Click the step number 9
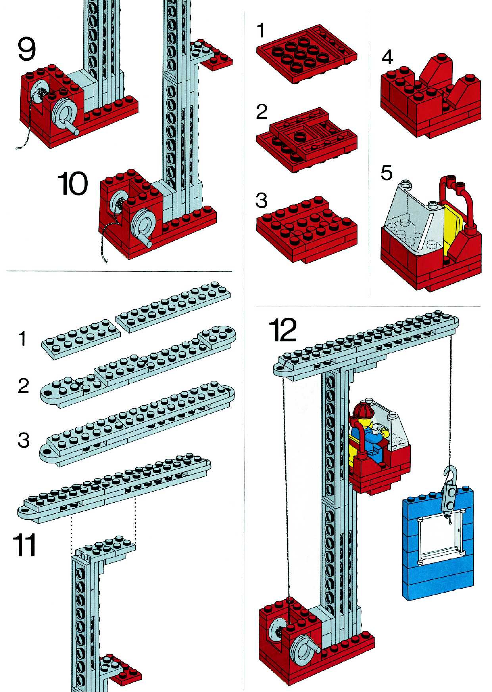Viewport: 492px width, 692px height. click(x=27, y=49)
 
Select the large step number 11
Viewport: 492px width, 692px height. click(x=24, y=545)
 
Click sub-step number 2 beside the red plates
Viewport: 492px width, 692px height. click(x=261, y=112)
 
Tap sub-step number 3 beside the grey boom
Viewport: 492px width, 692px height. click(x=24, y=440)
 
